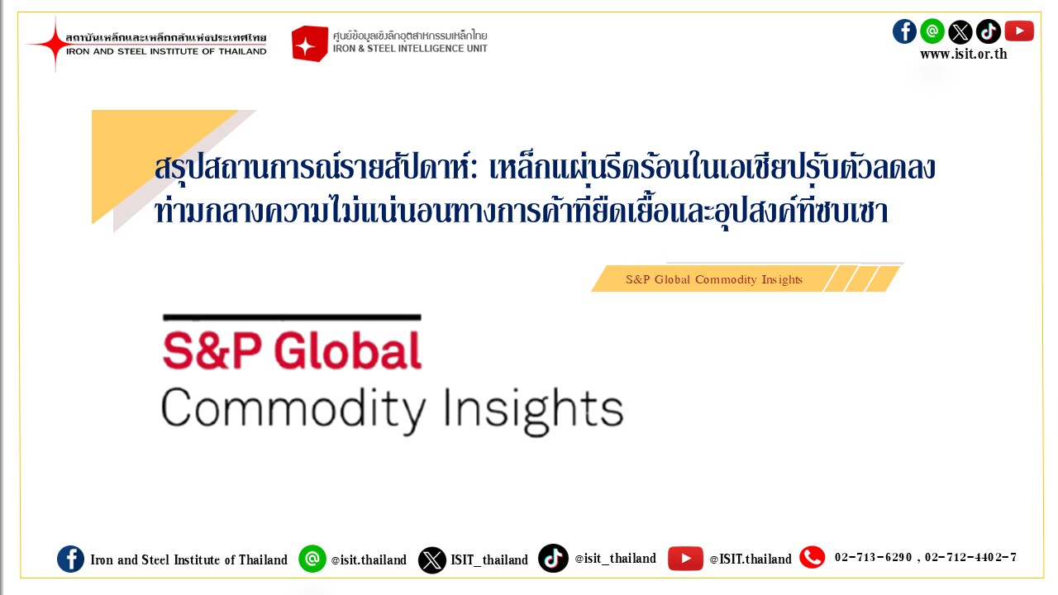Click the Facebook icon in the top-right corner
click(x=904, y=31)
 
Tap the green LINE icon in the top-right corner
click(x=932, y=31)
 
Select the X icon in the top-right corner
click(x=960, y=32)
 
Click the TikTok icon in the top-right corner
click(x=989, y=31)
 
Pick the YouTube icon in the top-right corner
click(x=1019, y=31)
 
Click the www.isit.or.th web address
click(x=963, y=55)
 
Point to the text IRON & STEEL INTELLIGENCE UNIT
click(x=410, y=49)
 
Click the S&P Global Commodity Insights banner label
click(x=714, y=279)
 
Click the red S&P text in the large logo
click(x=212, y=350)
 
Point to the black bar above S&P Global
click(x=292, y=317)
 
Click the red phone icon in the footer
click(x=812, y=558)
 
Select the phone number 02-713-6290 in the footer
click(x=873, y=558)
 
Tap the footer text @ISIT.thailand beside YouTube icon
click(x=751, y=559)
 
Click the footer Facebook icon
click(x=70, y=559)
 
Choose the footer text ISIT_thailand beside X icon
click(x=489, y=559)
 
